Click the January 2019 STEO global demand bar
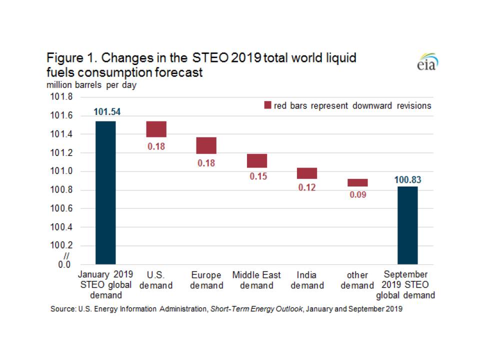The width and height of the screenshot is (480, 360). [x=105, y=192]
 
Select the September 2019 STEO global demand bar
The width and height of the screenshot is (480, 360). [x=407, y=225]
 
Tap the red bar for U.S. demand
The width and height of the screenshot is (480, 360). [x=156, y=129]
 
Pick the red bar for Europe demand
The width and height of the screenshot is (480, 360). [x=206, y=145]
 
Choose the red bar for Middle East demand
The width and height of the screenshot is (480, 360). [x=257, y=160]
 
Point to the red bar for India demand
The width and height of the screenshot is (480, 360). [x=307, y=173]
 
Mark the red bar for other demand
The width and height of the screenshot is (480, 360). [x=357, y=182]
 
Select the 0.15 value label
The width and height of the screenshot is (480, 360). [x=257, y=176]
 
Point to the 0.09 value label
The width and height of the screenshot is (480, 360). [x=357, y=195]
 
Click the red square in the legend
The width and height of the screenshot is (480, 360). [x=267, y=105]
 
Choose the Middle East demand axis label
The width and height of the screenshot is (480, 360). [x=256, y=280]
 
